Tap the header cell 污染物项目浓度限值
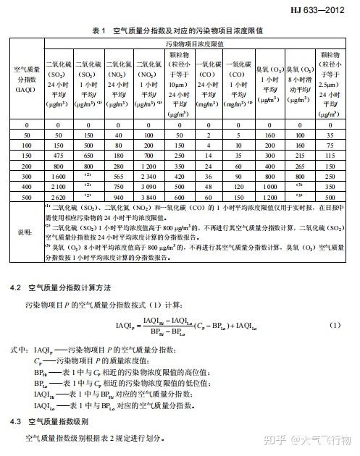tap(200, 45)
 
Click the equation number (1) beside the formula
tap(335, 325)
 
